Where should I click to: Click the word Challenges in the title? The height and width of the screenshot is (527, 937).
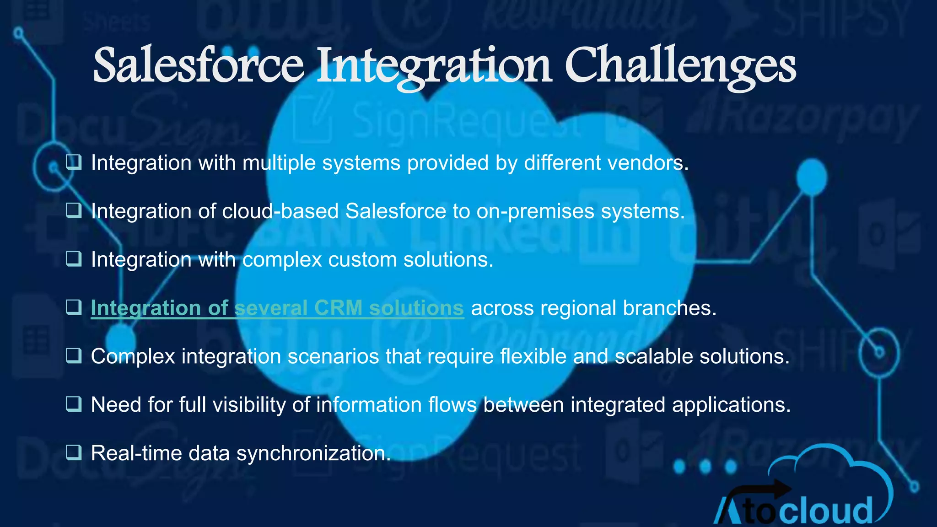click(x=680, y=66)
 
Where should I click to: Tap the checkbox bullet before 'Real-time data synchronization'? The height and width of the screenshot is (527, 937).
click(x=74, y=452)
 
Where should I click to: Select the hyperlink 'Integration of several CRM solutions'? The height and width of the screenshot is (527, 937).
click(x=277, y=308)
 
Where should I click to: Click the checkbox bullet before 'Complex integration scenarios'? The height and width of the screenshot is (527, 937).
click(x=74, y=355)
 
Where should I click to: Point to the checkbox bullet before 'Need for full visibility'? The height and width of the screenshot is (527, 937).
click(x=74, y=404)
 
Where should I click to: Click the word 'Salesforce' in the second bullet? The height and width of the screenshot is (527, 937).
click(x=395, y=211)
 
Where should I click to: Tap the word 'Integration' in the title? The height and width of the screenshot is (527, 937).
click(x=434, y=66)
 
